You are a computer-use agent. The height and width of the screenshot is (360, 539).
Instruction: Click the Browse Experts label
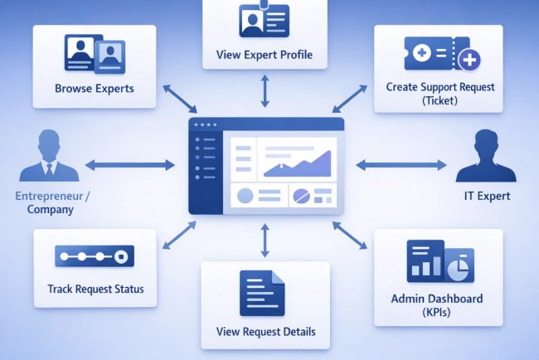[94, 87]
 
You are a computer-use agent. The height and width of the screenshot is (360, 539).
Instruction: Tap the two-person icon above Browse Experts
[94, 54]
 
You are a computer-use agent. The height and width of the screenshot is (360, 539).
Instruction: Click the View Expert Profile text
[265, 56]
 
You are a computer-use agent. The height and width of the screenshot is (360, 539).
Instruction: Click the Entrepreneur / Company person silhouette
[48, 157]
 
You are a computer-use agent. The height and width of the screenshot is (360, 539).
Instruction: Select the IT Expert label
[487, 197]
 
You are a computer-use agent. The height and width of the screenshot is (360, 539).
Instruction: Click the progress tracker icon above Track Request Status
[94, 255]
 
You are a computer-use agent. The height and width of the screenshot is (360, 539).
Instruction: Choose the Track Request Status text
[95, 289]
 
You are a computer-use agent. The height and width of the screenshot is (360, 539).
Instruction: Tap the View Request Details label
[265, 332]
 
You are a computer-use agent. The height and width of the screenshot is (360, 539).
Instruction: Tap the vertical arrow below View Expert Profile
[265, 92]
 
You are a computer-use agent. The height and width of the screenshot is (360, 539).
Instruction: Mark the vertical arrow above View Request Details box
[265, 241]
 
